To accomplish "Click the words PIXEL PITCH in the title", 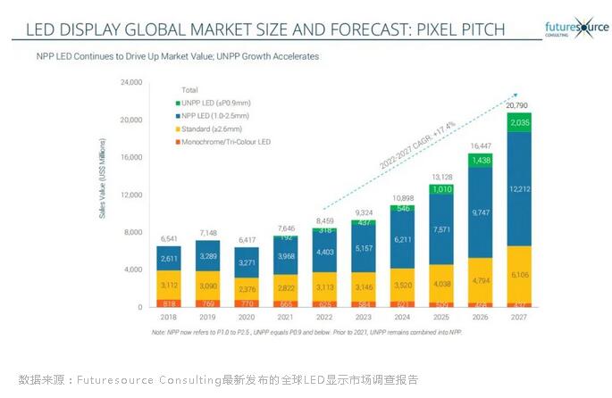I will point(459,29).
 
